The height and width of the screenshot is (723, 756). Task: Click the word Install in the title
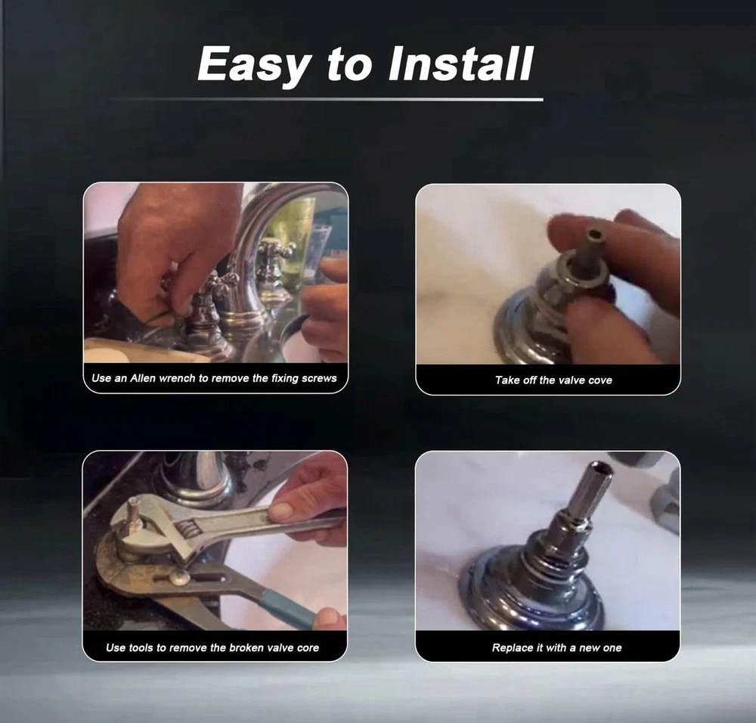pos(460,64)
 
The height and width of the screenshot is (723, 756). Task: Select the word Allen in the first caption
pos(143,378)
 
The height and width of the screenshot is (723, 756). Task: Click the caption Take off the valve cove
pos(553,380)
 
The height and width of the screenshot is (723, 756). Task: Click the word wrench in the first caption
pos(176,378)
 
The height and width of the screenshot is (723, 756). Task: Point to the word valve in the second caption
pos(572,380)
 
